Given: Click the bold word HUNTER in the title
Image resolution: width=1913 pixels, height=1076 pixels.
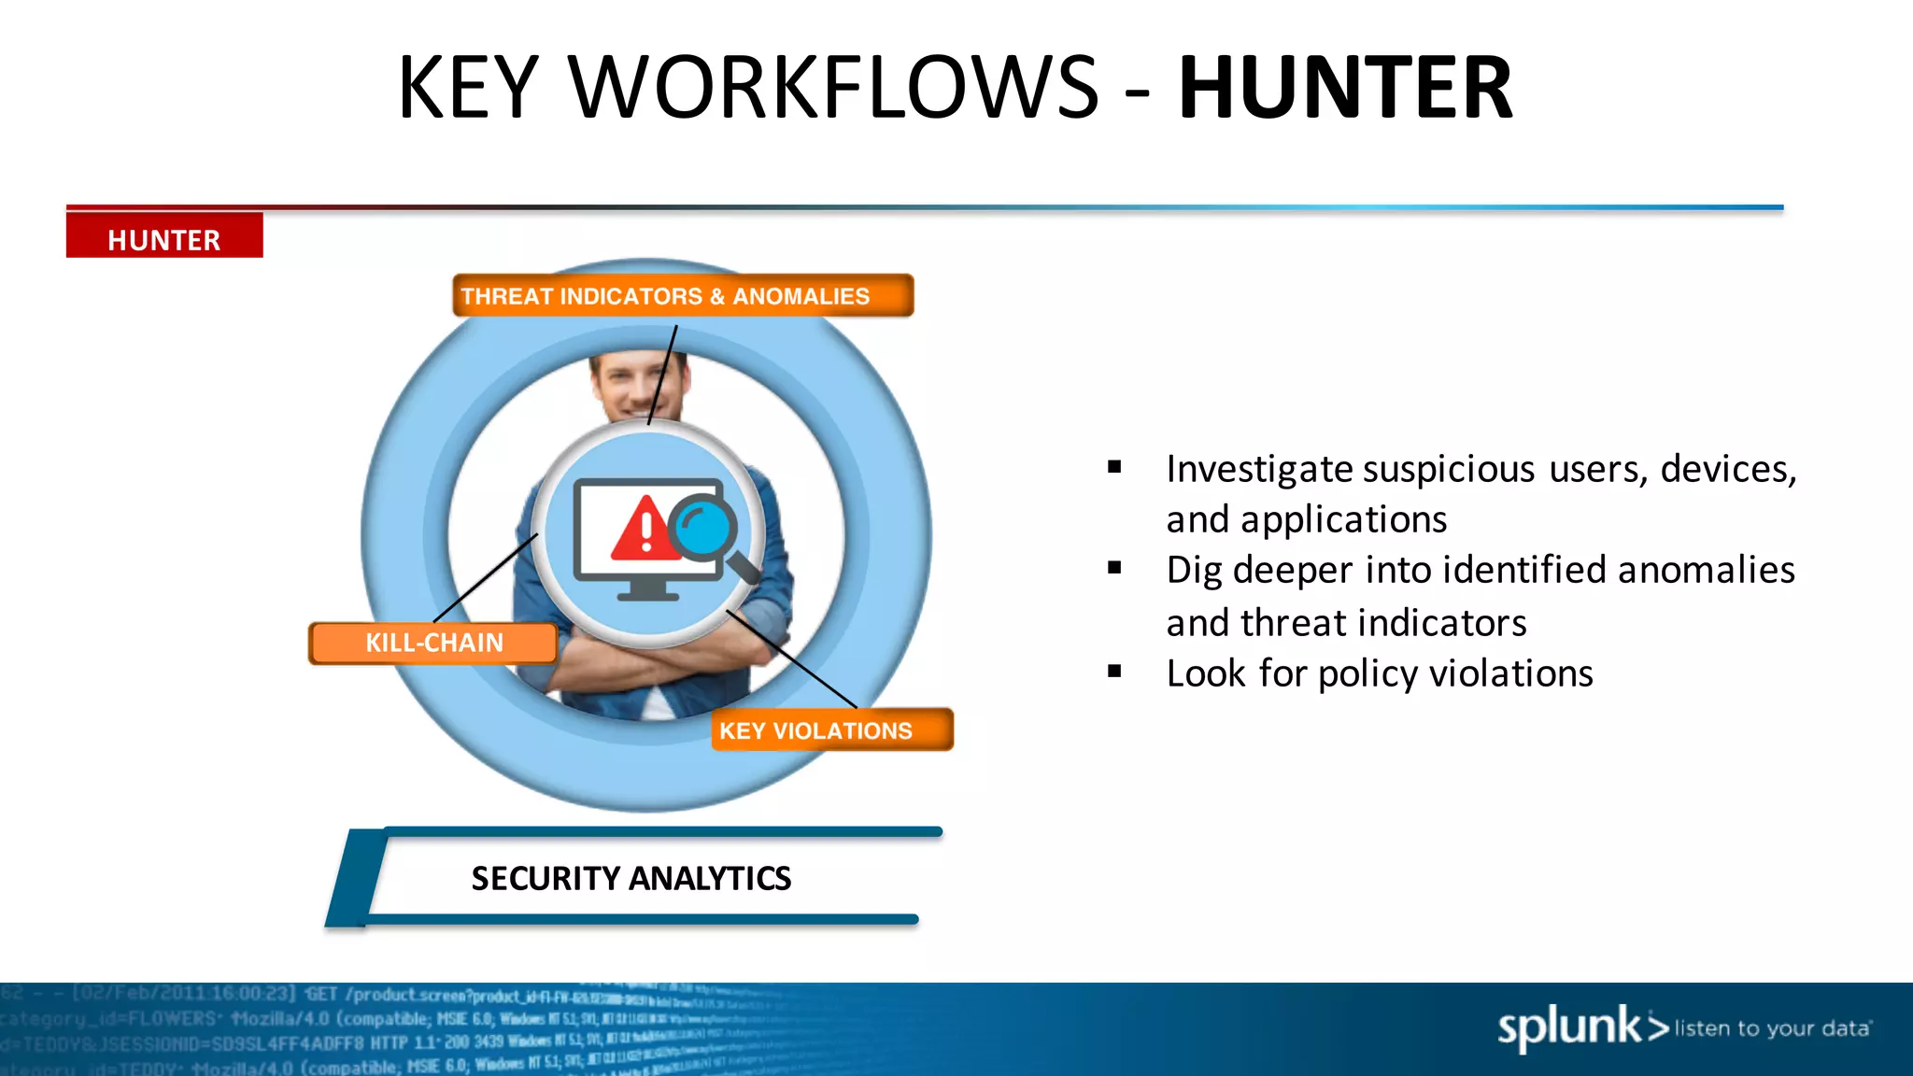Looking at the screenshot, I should [x=1345, y=88].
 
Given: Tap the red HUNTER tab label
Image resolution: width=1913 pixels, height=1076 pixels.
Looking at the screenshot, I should [x=164, y=239].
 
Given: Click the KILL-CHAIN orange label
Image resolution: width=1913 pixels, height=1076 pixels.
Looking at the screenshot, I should [x=433, y=643].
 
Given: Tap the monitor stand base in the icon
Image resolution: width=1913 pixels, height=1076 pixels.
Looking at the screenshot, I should [x=648, y=594].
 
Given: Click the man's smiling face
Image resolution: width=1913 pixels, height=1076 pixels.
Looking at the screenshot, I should [x=639, y=383].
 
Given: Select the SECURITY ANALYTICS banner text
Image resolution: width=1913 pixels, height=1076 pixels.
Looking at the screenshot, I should [x=631, y=878].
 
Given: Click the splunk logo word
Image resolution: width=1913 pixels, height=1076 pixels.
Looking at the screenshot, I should [x=1569, y=1027].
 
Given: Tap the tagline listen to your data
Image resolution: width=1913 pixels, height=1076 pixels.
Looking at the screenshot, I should [x=1772, y=1028].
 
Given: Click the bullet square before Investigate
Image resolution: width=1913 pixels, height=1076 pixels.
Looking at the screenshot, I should [x=1114, y=467].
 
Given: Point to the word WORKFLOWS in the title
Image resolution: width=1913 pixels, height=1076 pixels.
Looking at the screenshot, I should [x=833, y=88].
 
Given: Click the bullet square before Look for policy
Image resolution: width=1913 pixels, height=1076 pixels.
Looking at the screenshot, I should [x=1114, y=671].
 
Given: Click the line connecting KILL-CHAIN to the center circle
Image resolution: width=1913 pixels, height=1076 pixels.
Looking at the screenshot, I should [x=486, y=577].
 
